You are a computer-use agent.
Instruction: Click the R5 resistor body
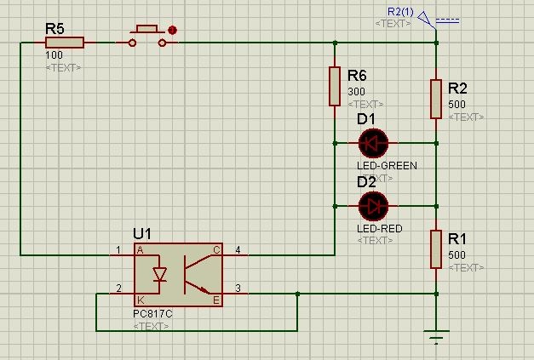[x=66, y=42]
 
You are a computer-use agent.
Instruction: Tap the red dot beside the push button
[x=172, y=30]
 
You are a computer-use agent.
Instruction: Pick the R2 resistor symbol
[x=435, y=100]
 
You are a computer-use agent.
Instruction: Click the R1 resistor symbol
[x=435, y=249]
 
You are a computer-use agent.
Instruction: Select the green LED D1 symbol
[x=373, y=143]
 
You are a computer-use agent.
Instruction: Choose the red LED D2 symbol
[x=373, y=205]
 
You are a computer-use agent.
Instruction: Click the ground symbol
[x=436, y=338]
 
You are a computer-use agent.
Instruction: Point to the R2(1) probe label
[x=400, y=12]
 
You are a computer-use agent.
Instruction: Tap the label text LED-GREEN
[x=387, y=166]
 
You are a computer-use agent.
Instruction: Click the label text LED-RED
[x=380, y=229]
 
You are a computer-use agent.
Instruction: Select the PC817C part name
[x=152, y=314]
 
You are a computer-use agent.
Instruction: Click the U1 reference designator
[x=143, y=233]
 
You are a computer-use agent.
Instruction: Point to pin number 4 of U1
[x=238, y=250]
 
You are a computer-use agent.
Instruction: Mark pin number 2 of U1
[x=118, y=289]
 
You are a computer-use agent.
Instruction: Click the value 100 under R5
[x=53, y=55]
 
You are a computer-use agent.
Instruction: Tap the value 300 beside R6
[x=356, y=92]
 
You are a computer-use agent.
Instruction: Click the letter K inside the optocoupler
[x=141, y=300]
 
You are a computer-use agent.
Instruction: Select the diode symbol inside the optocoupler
[x=159, y=275]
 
